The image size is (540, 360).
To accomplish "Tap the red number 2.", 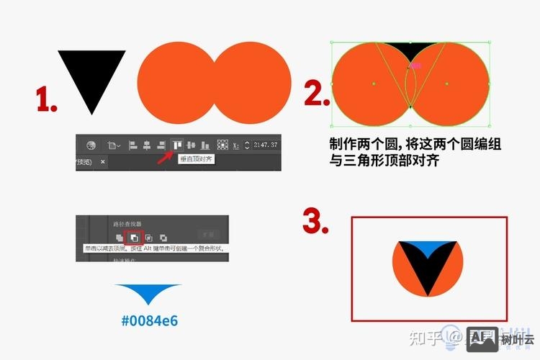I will (x=315, y=94).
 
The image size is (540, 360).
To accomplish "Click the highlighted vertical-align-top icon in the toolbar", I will (x=176, y=145).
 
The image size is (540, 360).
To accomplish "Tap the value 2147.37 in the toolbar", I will (x=266, y=145).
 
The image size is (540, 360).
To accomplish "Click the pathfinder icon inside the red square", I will (x=134, y=236).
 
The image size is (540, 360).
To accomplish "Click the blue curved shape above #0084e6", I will (x=148, y=292).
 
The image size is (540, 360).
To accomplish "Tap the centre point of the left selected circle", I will (x=374, y=84).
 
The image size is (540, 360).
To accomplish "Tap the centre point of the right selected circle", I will (x=447, y=84).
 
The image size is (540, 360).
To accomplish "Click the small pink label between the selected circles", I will (x=415, y=66).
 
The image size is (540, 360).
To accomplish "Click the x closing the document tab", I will (x=102, y=162).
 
